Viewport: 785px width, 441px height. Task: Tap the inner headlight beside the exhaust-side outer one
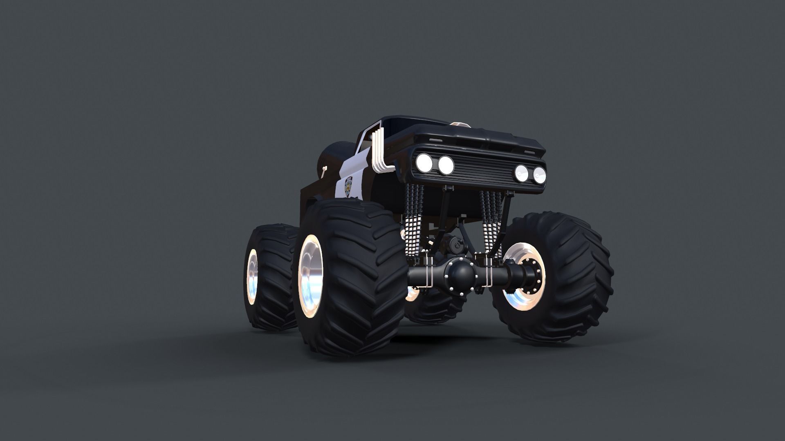pos(446,165)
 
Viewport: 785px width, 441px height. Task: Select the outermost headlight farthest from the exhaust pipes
pos(539,175)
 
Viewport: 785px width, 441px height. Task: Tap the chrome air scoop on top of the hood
pos(460,124)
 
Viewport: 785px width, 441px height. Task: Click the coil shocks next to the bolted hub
pos(491,225)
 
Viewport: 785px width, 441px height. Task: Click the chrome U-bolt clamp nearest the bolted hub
pos(488,272)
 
